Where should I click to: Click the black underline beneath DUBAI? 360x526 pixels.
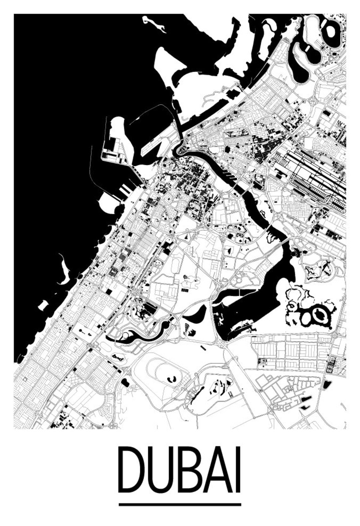tap(180, 505)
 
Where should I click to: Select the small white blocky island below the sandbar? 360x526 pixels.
tap(43, 305)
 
